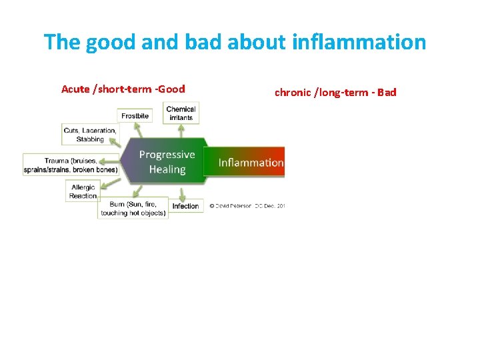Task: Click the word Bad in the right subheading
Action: pyautogui.click(x=387, y=92)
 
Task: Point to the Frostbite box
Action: pyautogui.click(x=135, y=115)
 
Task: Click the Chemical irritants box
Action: pyautogui.click(x=181, y=113)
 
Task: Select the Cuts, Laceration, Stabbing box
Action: pyautogui.click(x=90, y=135)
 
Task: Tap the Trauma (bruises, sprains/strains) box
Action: pyautogui.click(x=71, y=165)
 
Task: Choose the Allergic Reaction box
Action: pyautogui.click(x=83, y=191)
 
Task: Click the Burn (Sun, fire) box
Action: pyautogui.click(x=132, y=209)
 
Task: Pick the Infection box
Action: pyautogui.click(x=185, y=206)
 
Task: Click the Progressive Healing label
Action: pyautogui.click(x=167, y=162)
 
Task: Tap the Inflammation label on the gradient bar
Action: pyautogui.click(x=251, y=163)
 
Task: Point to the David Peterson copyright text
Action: pyautogui.click(x=247, y=206)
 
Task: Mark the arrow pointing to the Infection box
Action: pyautogui.click(x=181, y=194)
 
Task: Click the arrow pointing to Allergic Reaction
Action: pyautogui.click(x=110, y=183)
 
